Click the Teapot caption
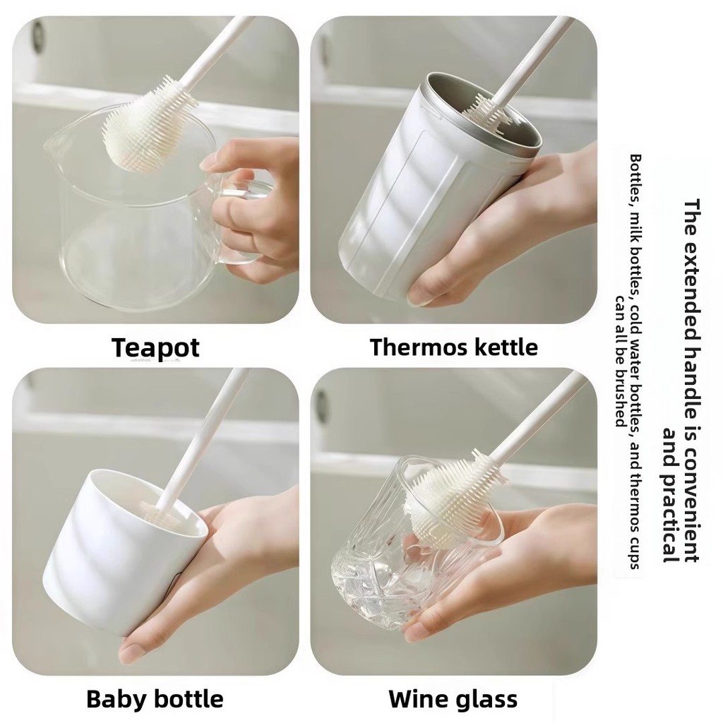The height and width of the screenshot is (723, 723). pos(155,347)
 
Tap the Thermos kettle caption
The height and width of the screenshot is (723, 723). pos(454,347)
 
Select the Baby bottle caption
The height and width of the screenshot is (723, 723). pos(155,699)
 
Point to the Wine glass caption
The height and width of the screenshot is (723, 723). pos(453,699)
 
